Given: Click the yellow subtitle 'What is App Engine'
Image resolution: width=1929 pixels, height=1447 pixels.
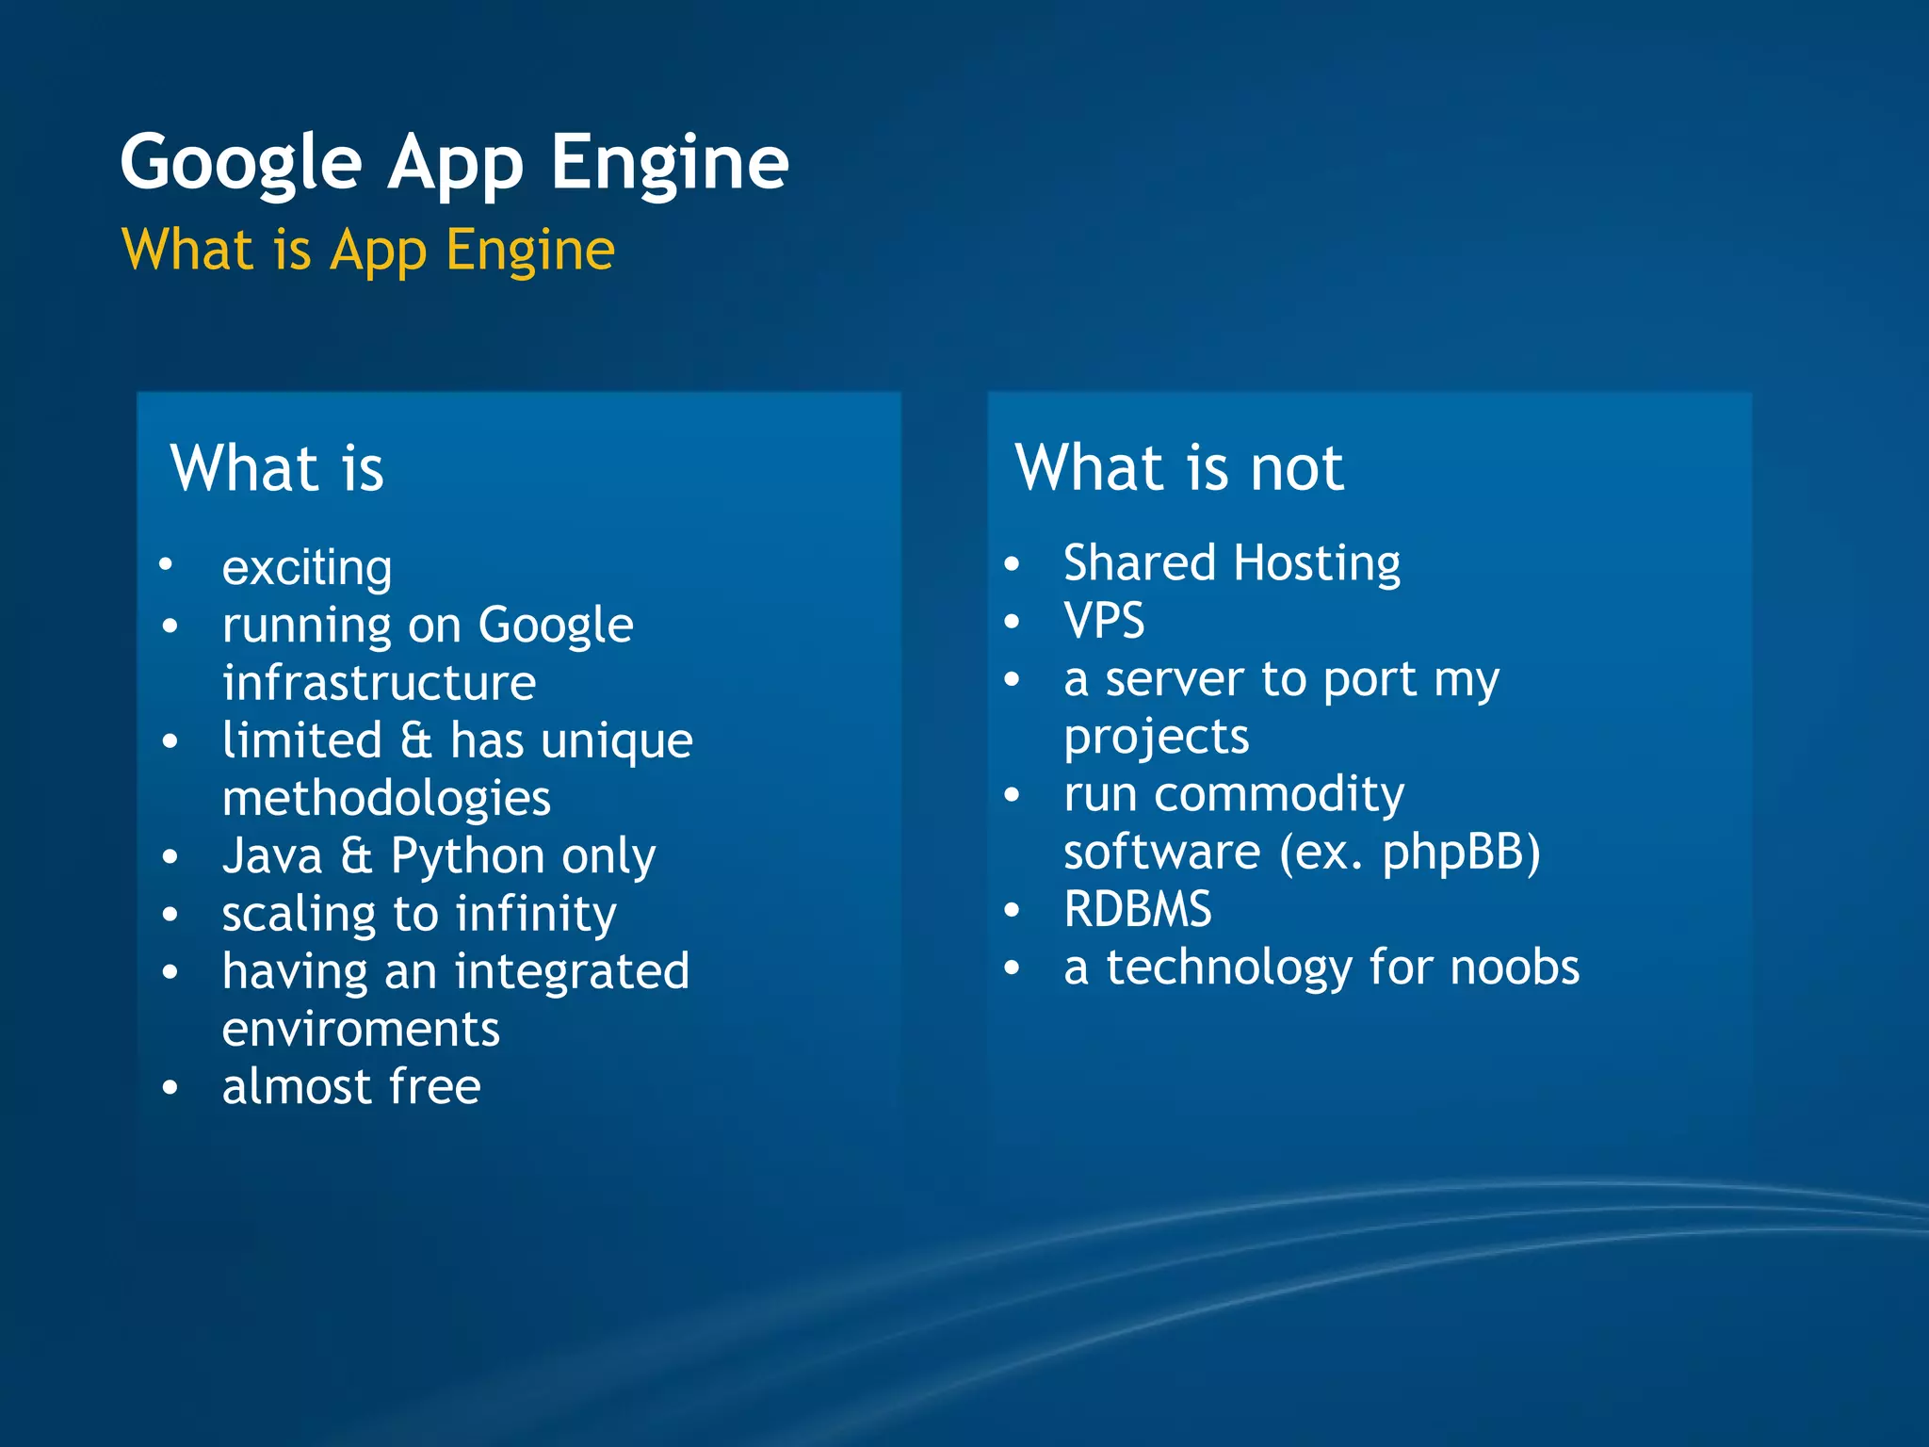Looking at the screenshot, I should pos(368,250).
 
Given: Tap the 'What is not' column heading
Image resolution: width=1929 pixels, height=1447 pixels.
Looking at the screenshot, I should pos(1178,467).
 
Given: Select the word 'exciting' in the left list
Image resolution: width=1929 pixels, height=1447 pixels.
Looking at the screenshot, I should pos(307,568).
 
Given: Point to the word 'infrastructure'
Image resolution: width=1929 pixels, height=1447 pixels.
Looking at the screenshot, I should pos(379,683).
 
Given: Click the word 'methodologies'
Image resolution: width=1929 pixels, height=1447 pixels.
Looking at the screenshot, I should pos(386,799).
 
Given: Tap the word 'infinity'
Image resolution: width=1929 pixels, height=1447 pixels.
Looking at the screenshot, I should pos(536,915).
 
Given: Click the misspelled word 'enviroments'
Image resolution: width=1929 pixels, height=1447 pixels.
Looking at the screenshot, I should pos(361,1029).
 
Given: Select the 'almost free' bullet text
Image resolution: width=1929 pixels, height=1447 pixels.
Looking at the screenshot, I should pos(351,1086).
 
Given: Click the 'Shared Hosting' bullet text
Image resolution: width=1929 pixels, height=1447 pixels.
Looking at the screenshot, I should pos(1231,563).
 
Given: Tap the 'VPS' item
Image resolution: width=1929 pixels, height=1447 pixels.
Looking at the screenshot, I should pos(1104,621).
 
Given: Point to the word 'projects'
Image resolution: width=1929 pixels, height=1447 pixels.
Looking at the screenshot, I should pos(1156,737).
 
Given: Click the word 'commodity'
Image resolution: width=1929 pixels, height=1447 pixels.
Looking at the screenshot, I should pos(1279,794).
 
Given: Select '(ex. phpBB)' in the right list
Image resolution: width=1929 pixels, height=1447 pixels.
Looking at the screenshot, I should pos(1409,853).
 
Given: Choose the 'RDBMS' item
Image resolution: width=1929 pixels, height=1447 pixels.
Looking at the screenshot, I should pos(1137,910).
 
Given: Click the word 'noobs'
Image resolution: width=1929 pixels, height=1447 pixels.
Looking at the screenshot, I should pos(1515,967).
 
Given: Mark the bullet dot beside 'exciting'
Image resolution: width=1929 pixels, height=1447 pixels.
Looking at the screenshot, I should pos(166,564).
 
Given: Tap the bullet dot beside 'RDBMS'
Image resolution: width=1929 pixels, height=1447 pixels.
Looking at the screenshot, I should pos(1012,910).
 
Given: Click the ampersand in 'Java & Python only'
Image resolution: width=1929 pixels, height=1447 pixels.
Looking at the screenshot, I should pos(356,856).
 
